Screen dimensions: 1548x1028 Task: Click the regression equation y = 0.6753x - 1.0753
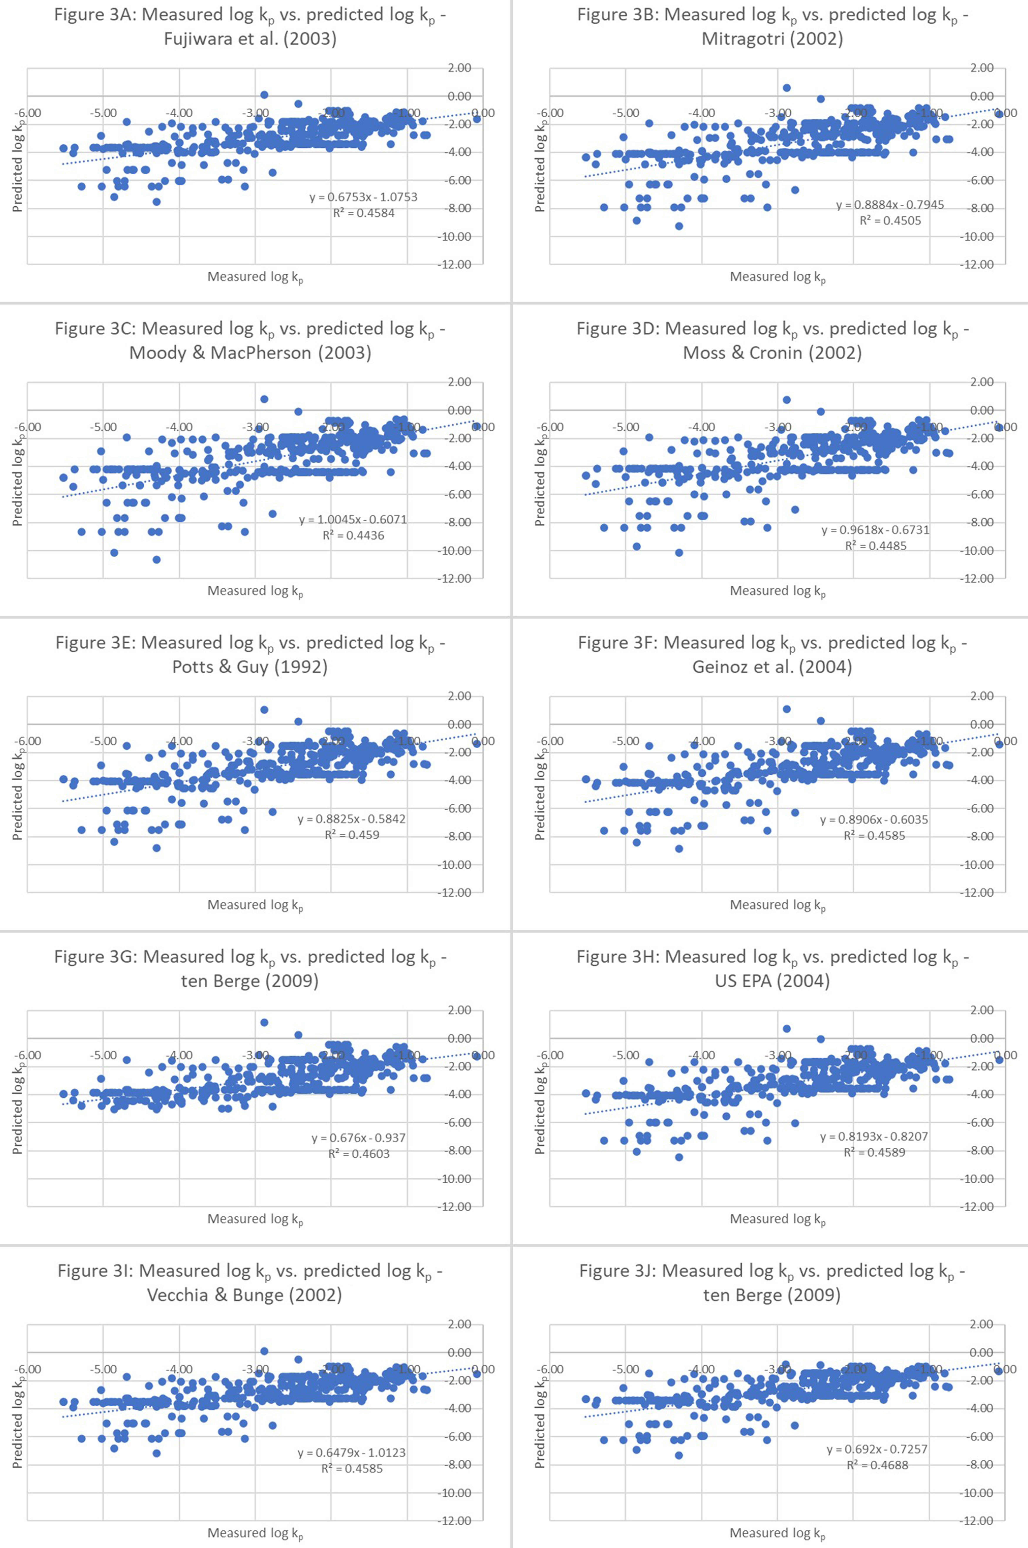coord(363,197)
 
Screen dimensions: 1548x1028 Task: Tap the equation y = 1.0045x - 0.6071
coord(353,519)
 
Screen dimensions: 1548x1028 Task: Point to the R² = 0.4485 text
coord(875,546)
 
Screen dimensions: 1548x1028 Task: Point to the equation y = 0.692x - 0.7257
coord(877,1449)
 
